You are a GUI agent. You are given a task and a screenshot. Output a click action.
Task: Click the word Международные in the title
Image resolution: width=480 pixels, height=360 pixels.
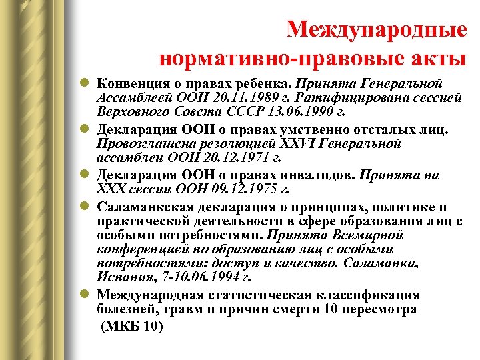(x=376, y=29)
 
